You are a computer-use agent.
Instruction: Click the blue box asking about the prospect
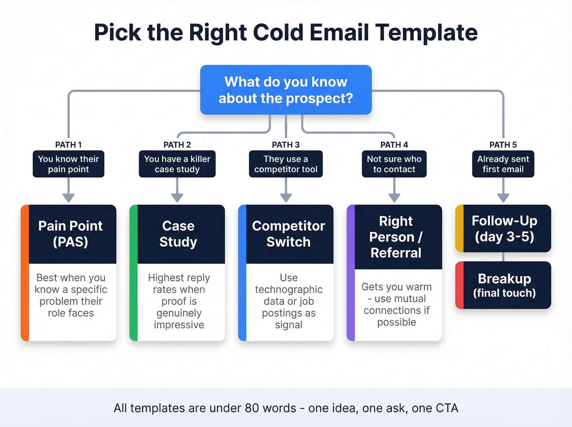click(286, 90)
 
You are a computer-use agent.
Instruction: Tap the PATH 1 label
click(68, 145)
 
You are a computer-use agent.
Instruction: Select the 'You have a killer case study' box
click(177, 164)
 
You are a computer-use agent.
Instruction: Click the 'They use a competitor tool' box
click(286, 164)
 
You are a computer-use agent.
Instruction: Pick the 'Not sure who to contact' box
click(394, 164)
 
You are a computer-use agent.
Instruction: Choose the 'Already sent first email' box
click(503, 164)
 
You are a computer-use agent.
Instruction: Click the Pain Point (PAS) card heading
click(71, 234)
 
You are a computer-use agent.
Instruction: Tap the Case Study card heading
click(179, 234)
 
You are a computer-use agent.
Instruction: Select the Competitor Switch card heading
click(288, 234)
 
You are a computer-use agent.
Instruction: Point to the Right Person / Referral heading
click(396, 237)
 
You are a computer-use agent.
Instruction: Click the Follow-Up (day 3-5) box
click(504, 228)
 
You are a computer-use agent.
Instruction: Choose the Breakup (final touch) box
click(504, 285)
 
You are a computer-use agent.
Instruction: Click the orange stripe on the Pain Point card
click(25, 273)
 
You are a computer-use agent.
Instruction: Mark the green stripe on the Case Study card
click(134, 273)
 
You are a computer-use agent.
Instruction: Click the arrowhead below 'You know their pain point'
click(68, 198)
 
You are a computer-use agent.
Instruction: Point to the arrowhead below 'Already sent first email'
click(503, 198)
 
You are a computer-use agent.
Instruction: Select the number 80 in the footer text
click(252, 408)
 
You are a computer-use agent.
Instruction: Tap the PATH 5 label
click(503, 145)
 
